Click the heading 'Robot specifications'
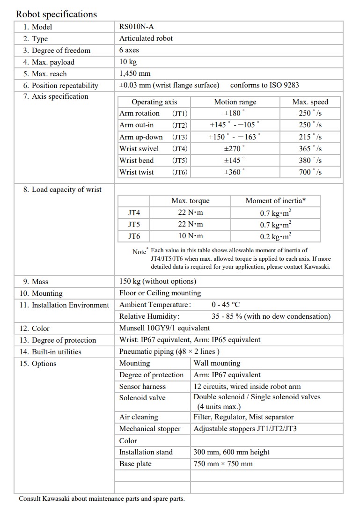pyautogui.click(x=56, y=14)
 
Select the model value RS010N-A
pyautogui.click(x=137, y=27)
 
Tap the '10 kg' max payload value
pyautogui.click(x=129, y=62)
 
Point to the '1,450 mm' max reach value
pyautogui.click(x=135, y=73)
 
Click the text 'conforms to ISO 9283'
pyautogui.click(x=264, y=85)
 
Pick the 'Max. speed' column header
pyautogui.click(x=310, y=102)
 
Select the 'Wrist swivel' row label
pyautogui.click(x=139, y=148)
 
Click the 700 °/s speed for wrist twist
pyautogui.click(x=310, y=172)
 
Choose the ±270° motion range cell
pyautogui.click(x=235, y=148)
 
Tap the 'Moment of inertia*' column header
pyautogui.click(x=276, y=201)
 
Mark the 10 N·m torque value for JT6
pyautogui.click(x=191, y=236)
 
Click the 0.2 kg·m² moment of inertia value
pyautogui.click(x=276, y=236)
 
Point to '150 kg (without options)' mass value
pyautogui.click(x=158, y=281)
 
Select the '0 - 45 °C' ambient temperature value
pyautogui.click(x=226, y=305)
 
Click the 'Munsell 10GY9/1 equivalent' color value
pyautogui.click(x=165, y=328)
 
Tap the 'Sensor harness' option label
pyautogui.click(x=142, y=386)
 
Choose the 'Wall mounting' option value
pyautogui.click(x=217, y=363)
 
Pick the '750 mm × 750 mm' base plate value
pyautogui.click(x=223, y=463)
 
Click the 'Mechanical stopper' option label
pyautogui.click(x=150, y=428)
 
